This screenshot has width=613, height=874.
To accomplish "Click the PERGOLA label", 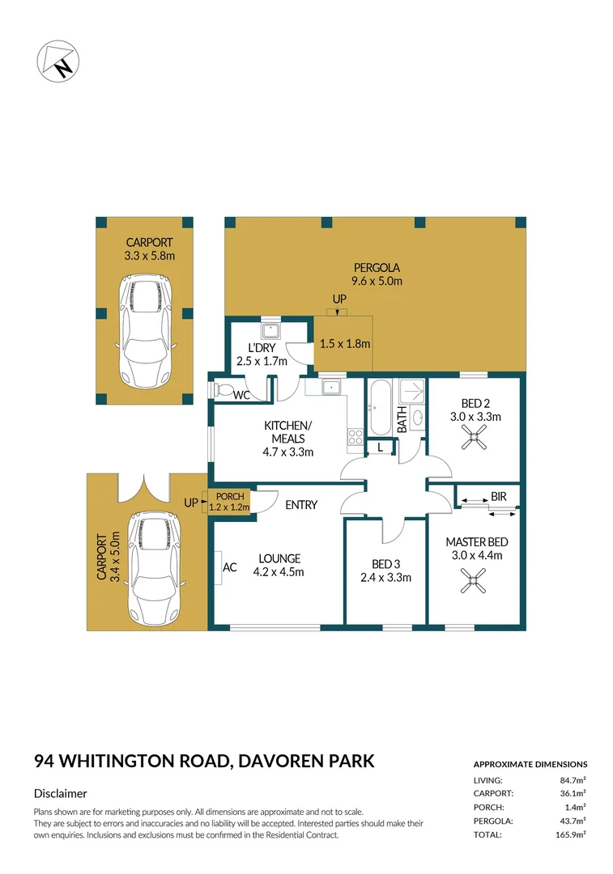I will tap(377, 268).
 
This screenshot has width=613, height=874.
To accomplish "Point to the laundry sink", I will tap(270, 330).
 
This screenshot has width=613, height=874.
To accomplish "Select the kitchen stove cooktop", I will tap(355, 437).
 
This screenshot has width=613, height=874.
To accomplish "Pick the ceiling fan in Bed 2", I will tap(474, 439).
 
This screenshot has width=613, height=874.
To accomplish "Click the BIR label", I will tap(498, 496).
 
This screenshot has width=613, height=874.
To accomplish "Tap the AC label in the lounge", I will tap(229, 567).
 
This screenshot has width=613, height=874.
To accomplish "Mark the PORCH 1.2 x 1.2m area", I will tap(229, 503).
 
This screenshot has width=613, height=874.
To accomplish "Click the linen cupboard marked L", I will tap(380, 447).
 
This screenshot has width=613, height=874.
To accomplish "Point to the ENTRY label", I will tap(301, 505).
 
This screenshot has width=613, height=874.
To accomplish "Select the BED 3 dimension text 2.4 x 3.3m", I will tap(385, 578).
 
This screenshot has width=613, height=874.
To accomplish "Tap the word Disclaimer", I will tap(61, 794).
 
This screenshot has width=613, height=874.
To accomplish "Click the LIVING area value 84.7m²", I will tap(573, 779).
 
